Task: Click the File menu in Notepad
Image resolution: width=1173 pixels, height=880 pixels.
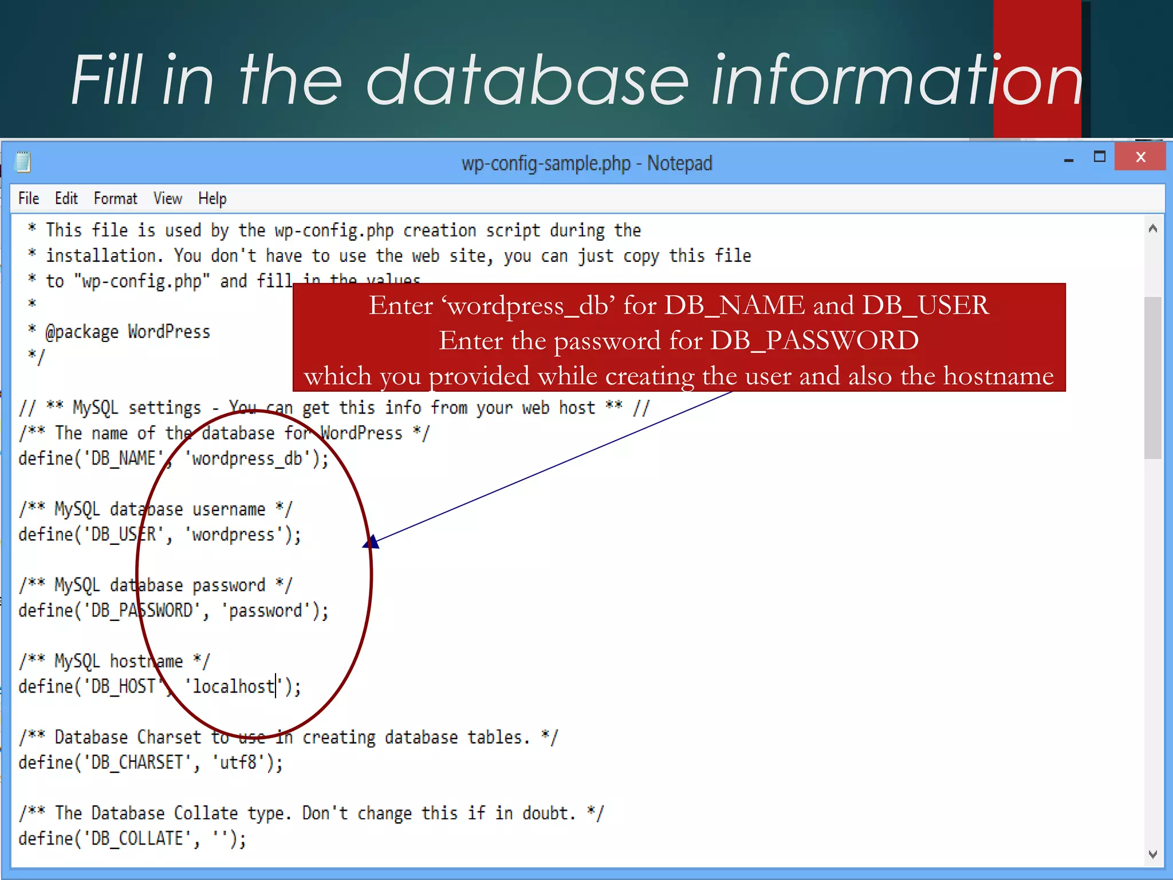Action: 29,199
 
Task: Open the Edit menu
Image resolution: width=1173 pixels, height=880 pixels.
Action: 66,199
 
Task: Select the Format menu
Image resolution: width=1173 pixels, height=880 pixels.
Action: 115,199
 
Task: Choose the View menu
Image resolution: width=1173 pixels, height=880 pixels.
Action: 167,199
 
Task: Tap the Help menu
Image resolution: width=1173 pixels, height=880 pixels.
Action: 212,199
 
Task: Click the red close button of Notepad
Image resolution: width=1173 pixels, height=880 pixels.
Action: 1140,157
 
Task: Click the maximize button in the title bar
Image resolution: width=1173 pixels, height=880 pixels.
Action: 1099,157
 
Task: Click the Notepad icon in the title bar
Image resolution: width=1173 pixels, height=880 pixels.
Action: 23,162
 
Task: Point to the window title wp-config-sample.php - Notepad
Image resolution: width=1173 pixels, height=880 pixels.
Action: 586,163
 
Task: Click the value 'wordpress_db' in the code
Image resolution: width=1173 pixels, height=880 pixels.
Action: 247,459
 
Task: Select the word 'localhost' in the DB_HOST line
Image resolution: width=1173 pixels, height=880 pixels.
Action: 233,686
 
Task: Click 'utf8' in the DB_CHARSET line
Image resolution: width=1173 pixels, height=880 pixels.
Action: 238,763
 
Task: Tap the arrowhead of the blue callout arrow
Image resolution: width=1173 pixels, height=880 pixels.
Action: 372,541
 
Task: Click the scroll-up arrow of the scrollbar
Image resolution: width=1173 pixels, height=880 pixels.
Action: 1152,229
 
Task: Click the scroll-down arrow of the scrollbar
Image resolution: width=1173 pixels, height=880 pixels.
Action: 1152,854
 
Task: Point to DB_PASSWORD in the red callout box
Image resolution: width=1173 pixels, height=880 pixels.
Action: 814,341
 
